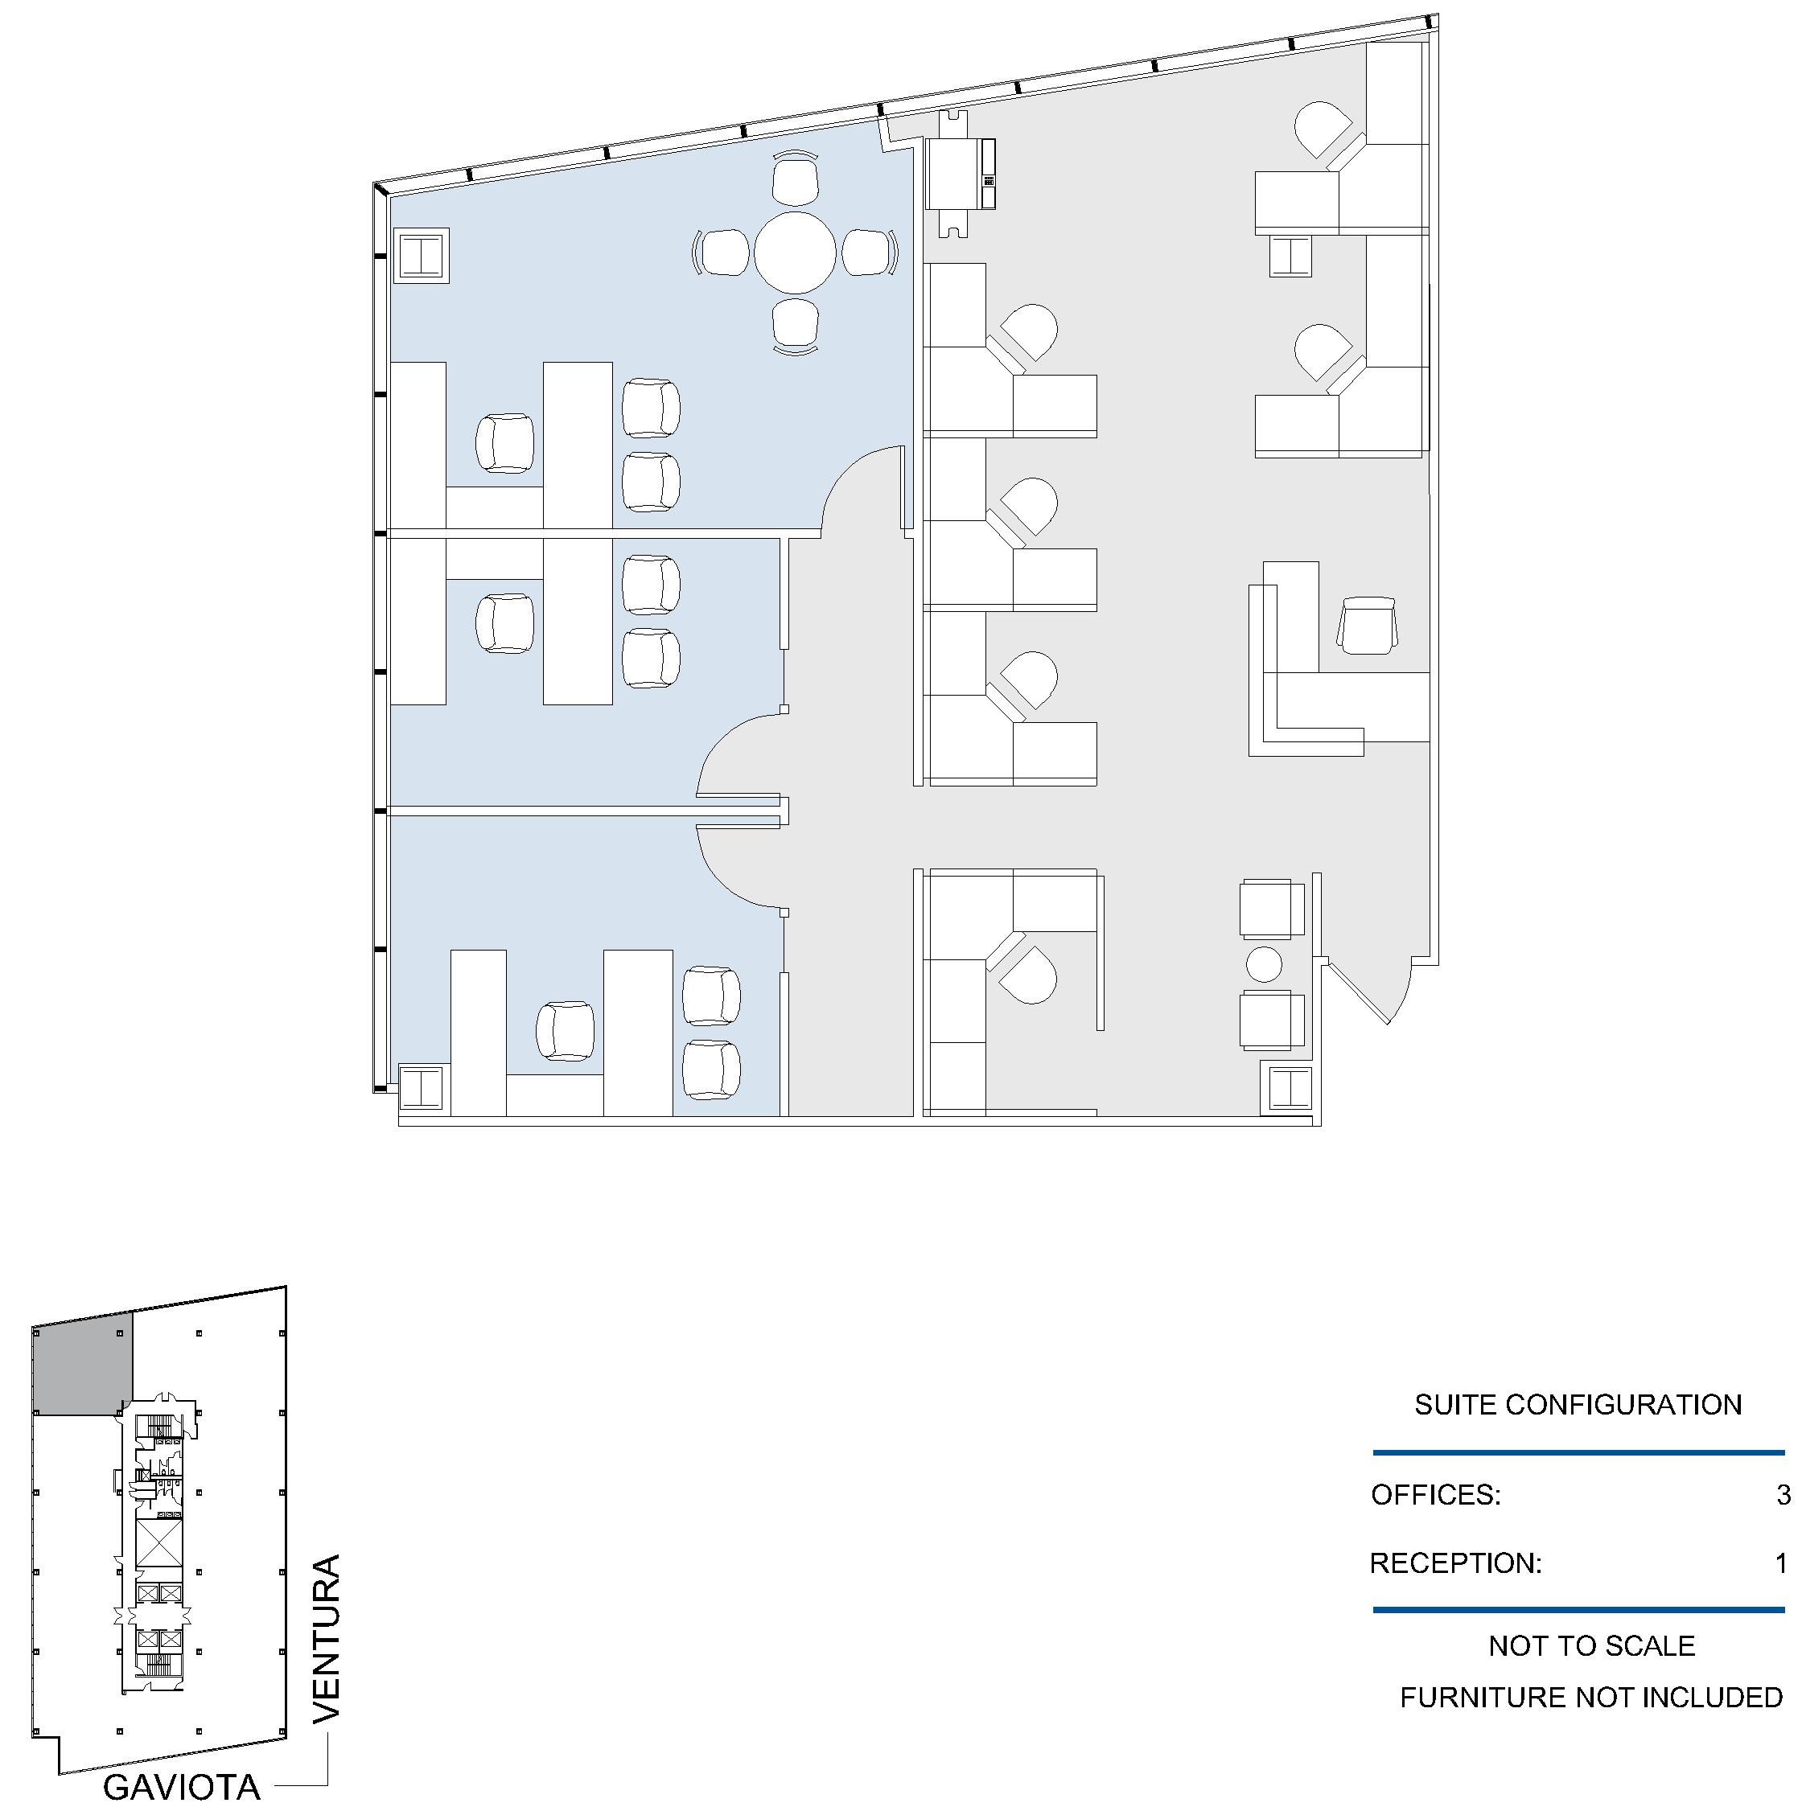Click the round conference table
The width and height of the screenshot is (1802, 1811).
(x=795, y=253)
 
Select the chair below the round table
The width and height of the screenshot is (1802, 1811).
(x=796, y=325)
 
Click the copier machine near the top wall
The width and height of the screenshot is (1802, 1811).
(x=960, y=175)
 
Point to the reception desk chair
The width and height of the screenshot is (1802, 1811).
(x=1368, y=625)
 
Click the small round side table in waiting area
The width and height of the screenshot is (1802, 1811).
(x=1264, y=964)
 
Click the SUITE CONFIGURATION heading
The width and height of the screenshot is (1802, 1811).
(x=1578, y=1404)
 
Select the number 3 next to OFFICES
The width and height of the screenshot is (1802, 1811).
(x=1783, y=1494)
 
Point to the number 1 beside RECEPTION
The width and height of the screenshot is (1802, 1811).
(x=1781, y=1563)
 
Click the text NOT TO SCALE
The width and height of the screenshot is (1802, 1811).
(x=1591, y=1645)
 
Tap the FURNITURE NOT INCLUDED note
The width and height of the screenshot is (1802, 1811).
(x=1591, y=1697)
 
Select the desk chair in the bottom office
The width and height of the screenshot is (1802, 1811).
(x=566, y=1031)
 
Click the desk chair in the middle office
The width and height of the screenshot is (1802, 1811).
(x=505, y=623)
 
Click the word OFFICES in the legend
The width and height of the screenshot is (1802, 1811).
(x=1434, y=1494)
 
